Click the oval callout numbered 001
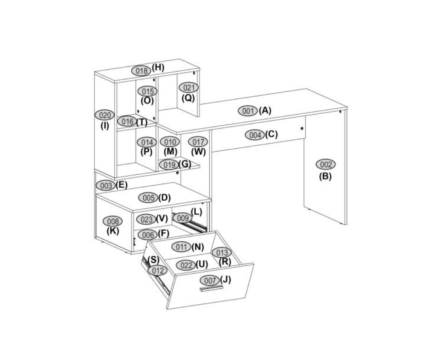tap(248, 111)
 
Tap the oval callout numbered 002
tap(326, 164)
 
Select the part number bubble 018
tap(141, 71)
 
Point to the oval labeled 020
tap(104, 115)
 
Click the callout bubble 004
tap(254, 135)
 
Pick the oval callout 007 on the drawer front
tap(210, 280)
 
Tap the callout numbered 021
tap(188, 87)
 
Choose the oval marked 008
tap(113, 221)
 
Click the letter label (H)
tap(158, 67)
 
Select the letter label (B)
tap(325, 176)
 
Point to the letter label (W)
tap(199, 152)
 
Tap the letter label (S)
tap(153, 259)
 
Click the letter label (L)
tap(197, 212)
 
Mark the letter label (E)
tap(121, 185)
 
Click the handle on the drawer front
tap(211, 288)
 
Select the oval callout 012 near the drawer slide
tap(158, 271)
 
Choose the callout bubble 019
tap(169, 165)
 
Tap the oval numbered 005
tap(148, 198)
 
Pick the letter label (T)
tap(142, 122)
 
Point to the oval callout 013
tap(222, 253)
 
